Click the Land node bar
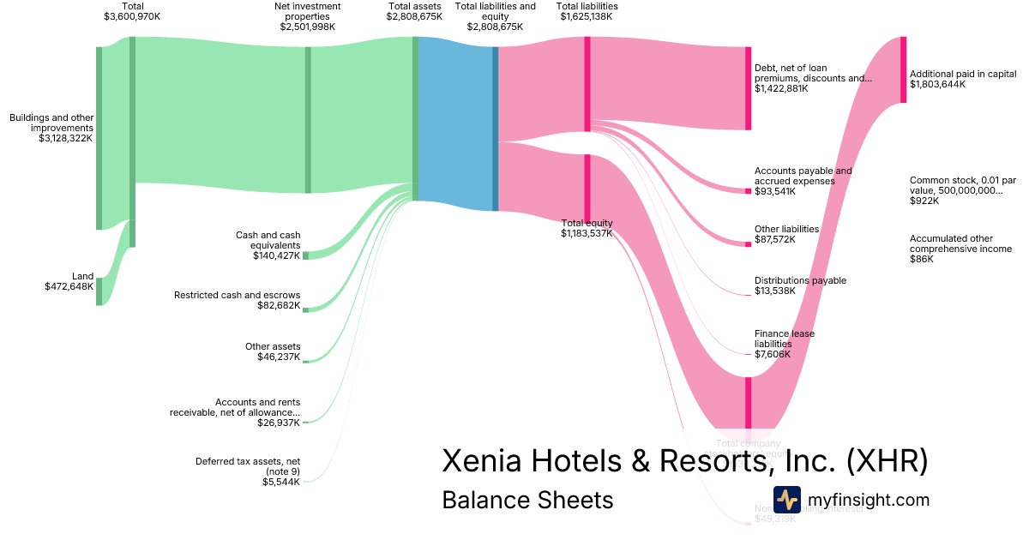click(99, 291)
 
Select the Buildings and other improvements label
click(51, 127)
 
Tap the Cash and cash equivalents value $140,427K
click(276, 255)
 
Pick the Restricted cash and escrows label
click(237, 295)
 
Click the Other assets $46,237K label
click(273, 351)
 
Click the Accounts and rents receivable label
click(236, 412)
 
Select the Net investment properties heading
click(307, 16)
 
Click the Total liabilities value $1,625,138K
click(587, 16)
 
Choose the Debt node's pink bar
click(748, 88)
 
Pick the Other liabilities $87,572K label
click(786, 234)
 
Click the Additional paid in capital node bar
click(903, 69)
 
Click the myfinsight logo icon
click(786, 499)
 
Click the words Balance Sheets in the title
click(527, 500)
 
